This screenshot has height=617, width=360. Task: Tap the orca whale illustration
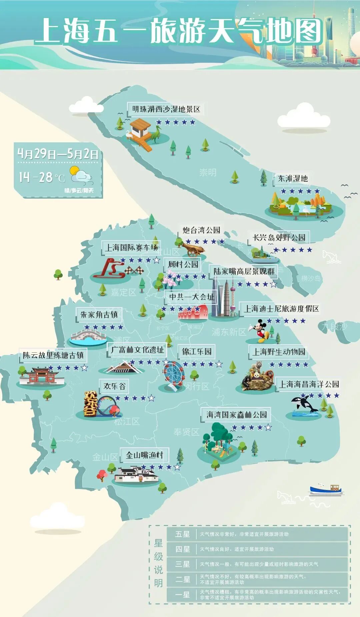pyautogui.click(x=304, y=404)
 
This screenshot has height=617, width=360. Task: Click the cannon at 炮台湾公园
pyautogui.click(x=192, y=249)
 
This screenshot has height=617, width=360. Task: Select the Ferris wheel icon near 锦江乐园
pyautogui.click(x=173, y=373)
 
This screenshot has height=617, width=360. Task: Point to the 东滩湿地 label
pyautogui.click(x=293, y=178)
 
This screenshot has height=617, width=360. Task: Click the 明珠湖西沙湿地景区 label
pyautogui.click(x=166, y=109)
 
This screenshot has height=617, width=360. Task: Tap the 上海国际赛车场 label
pyautogui.click(x=131, y=247)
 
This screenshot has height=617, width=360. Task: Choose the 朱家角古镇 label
pyautogui.click(x=99, y=314)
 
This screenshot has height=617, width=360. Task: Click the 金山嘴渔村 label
pyautogui.click(x=144, y=455)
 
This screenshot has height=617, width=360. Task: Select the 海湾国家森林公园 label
pyautogui.click(x=236, y=415)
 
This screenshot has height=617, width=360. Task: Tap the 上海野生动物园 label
pyautogui.click(x=279, y=352)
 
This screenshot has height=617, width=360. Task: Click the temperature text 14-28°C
pyautogui.click(x=42, y=177)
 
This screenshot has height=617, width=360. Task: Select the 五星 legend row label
pyautogui.click(x=182, y=534)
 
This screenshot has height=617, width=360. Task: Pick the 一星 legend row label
pyautogui.click(x=182, y=595)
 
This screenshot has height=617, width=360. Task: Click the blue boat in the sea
pyautogui.click(x=326, y=489)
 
